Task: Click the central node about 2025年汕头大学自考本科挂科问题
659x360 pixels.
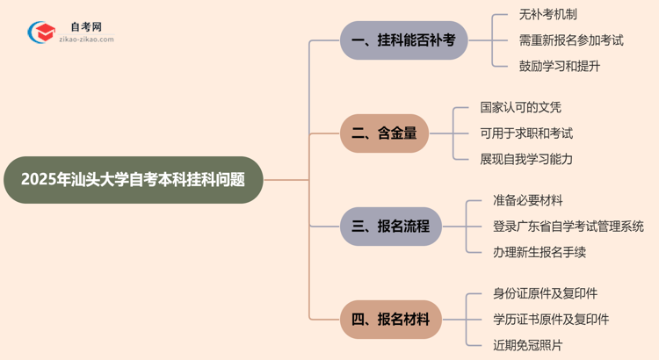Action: point(133,180)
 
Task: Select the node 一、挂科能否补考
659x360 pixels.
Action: point(403,40)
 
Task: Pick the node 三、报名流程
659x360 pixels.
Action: point(391,227)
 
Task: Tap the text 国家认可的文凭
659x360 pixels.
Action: point(520,108)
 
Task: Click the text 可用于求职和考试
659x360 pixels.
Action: point(526,133)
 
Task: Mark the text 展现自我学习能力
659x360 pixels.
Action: point(526,159)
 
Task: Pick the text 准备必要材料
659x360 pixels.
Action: point(528,201)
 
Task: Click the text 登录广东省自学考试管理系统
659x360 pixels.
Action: point(568,227)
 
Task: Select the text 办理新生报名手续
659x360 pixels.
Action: point(540,252)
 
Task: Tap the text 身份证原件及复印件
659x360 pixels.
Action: point(545,294)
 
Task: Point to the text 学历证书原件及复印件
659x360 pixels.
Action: point(551,320)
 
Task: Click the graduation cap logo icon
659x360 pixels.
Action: point(41,32)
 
